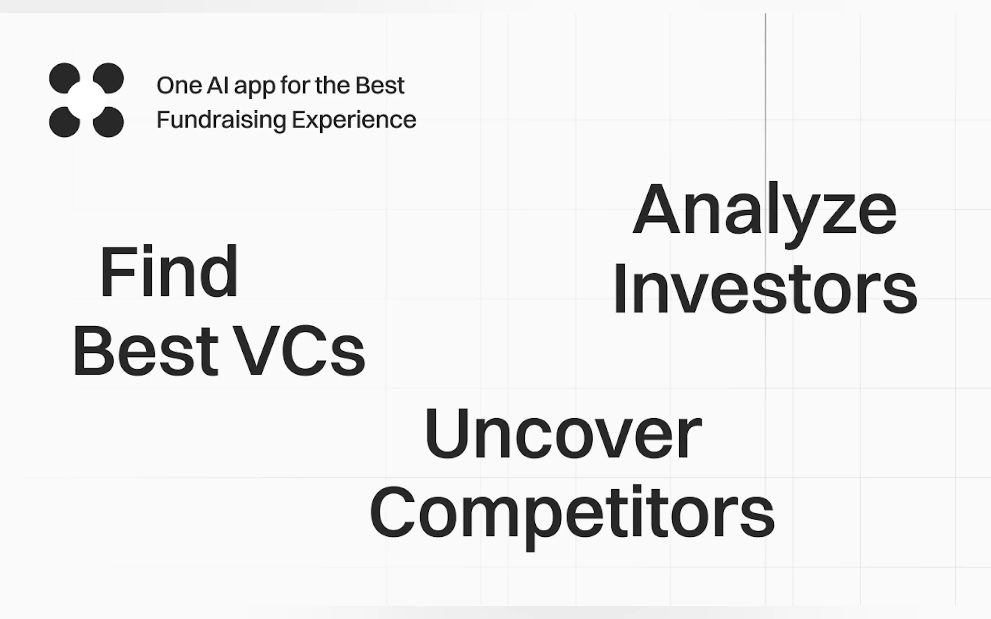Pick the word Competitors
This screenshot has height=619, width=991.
(x=572, y=518)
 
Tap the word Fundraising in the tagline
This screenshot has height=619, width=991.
(x=221, y=120)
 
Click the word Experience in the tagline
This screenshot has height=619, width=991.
(x=354, y=120)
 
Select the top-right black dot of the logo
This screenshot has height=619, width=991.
(x=109, y=77)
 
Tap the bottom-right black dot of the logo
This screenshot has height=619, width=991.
(x=109, y=122)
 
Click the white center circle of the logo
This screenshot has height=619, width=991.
(x=87, y=100)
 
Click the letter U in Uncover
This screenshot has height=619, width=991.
(x=447, y=433)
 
